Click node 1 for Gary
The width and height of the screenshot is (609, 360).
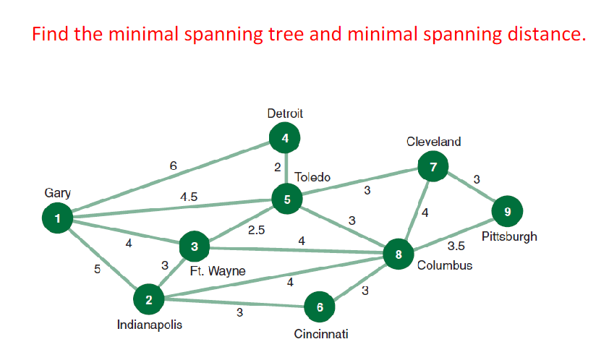point(58,217)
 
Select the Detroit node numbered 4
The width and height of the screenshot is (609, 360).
point(285,137)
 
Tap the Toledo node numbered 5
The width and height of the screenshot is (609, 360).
point(287,200)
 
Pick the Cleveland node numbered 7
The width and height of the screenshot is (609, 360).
point(433,168)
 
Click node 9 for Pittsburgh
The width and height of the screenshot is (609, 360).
point(507,212)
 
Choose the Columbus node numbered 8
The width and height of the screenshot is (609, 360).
point(398,254)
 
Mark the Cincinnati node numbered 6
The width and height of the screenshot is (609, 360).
point(319,307)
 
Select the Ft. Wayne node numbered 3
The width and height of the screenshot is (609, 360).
point(194,247)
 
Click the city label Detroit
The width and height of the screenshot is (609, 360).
point(285,113)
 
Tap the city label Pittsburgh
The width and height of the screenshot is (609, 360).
point(509,237)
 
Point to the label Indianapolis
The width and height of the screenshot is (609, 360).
point(150,325)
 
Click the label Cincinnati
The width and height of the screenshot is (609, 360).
point(321,334)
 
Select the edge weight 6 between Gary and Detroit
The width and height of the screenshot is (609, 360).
point(173,166)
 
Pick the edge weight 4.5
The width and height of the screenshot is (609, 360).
point(189,197)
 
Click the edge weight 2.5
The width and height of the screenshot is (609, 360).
point(256,231)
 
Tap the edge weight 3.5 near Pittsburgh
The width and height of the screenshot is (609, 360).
point(456,246)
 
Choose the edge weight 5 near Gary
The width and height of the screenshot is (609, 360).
point(97,269)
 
